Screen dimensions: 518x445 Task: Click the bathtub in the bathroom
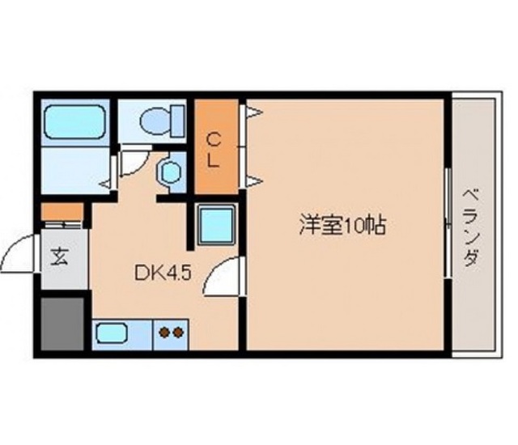pyautogui.click(x=75, y=121)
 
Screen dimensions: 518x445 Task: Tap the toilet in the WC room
pyautogui.click(x=162, y=121)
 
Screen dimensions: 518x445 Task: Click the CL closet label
pyautogui.click(x=214, y=150)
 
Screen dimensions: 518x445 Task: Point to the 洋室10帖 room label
pyautogui.click(x=342, y=225)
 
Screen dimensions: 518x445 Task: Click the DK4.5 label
pyautogui.click(x=163, y=273)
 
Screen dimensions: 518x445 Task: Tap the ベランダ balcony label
pyautogui.click(x=471, y=227)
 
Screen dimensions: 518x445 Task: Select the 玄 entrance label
pyautogui.click(x=59, y=256)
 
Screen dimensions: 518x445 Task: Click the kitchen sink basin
pyautogui.click(x=112, y=333)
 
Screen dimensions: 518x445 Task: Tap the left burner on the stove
pyautogui.click(x=164, y=333)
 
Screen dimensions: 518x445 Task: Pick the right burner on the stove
pyautogui.click(x=178, y=333)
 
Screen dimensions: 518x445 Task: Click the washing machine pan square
pyautogui.click(x=216, y=224)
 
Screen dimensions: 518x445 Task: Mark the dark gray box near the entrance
pyautogui.click(x=62, y=324)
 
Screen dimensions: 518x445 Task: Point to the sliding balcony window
pyautogui.click(x=448, y=222)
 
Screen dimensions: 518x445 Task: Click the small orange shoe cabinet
pyautogui.click(x=62, y=212)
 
